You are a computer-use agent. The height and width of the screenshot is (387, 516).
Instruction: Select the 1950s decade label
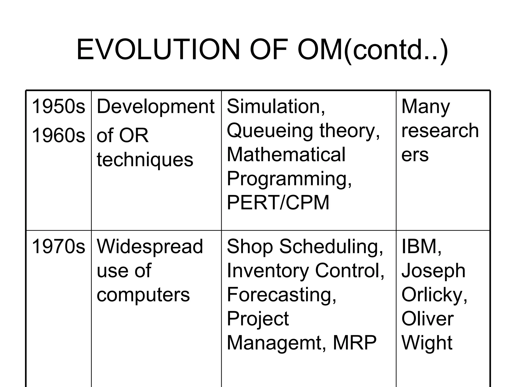click(x=58, y=106)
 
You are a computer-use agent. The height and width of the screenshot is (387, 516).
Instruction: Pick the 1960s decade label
click(x=58, y=135)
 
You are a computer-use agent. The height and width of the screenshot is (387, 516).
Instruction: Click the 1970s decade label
click(x=58, y=246)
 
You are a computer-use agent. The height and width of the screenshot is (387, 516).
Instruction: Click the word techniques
click(x=145, y=160)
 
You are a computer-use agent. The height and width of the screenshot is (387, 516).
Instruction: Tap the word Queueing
click(x=271, y=131)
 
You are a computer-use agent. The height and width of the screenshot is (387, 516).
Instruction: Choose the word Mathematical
click(x=286, y=154)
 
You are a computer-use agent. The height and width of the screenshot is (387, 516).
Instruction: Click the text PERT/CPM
click(x=278, y=202)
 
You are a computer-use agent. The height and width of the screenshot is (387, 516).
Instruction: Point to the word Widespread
click(x=150, y=246)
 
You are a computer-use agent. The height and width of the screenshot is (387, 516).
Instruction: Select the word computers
click(x=143, y=295)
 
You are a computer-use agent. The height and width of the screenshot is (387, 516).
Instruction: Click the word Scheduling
click(x=331, y=246)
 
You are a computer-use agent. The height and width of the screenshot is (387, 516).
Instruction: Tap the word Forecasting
click(x=281, y=295)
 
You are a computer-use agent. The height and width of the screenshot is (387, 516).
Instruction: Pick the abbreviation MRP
click(x=354, y=343)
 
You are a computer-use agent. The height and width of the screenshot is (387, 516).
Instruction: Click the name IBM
click(x=421, y=246)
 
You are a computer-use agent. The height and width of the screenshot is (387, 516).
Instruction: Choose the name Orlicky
click(x=434, y=295)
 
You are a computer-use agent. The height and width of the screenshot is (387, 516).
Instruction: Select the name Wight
click(x=427, y=343)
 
